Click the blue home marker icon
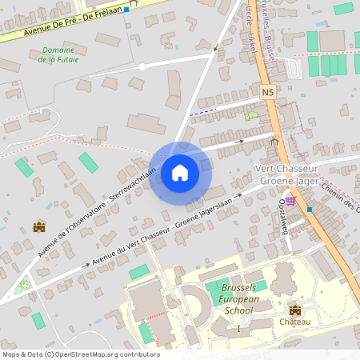pyautogui.click(x=180, y=172)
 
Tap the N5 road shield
pyautogui.click(x=268, y=93)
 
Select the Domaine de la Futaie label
pyautogui.click(x=57, y=54)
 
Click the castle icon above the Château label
pyautogui.click(x=294, y=310)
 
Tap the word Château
pyautogui.click(x=294, y=322)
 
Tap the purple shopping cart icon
pyautogui.click(x=290, y=201)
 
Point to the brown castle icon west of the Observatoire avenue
pyautogui.click(x=38, y=227)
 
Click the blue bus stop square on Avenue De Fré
pyautogui.click(x=126, y=10)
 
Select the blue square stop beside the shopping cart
pyautogui.click(x=309, y=209)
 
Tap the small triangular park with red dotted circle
pyautogui.click(x=24, y=284)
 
